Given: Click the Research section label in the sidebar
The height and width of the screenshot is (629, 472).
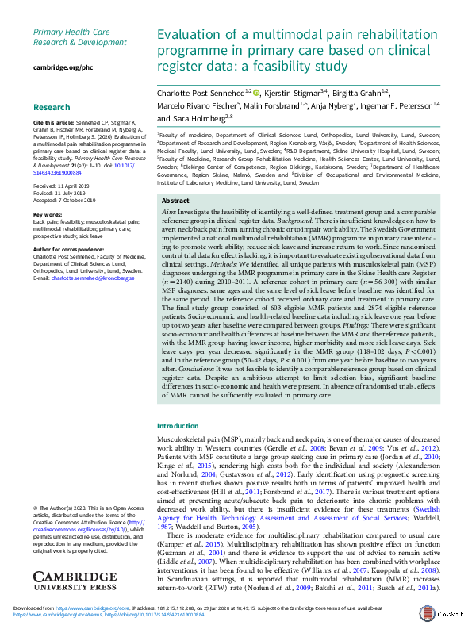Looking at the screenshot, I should point(52,107).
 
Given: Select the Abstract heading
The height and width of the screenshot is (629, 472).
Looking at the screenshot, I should point(175,201).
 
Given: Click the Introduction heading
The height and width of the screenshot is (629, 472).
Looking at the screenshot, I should point(178,426).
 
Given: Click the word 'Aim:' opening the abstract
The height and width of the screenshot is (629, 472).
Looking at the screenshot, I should point(168,213).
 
